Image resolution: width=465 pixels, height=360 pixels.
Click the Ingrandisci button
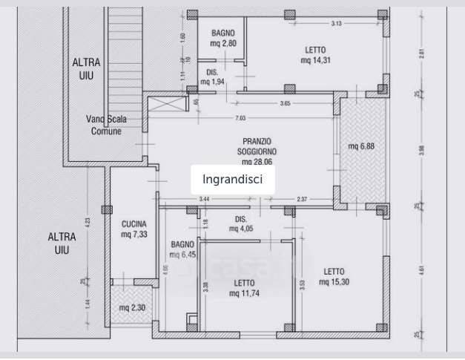233,180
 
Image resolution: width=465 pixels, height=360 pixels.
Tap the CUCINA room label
134,223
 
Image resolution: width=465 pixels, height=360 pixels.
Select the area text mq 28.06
257,161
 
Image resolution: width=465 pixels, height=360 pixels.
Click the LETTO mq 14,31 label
314,56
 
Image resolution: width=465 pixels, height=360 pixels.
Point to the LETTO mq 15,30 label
334,276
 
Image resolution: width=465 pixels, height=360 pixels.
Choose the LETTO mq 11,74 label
244,288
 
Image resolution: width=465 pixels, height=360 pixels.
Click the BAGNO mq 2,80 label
222,38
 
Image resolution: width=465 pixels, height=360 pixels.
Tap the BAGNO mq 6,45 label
182,249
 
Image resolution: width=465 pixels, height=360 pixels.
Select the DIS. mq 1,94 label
213,77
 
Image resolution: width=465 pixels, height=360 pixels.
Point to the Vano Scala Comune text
106,125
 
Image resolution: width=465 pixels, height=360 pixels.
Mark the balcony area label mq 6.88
362,146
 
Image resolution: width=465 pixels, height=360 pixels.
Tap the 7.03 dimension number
240,119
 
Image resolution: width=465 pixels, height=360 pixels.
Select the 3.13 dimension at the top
336,24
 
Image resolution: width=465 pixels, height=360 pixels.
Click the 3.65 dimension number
286,103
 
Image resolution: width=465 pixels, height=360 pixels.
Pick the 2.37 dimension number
302,199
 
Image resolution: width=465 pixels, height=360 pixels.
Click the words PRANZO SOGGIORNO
257,145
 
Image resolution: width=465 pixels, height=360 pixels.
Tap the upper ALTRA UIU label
86,68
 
